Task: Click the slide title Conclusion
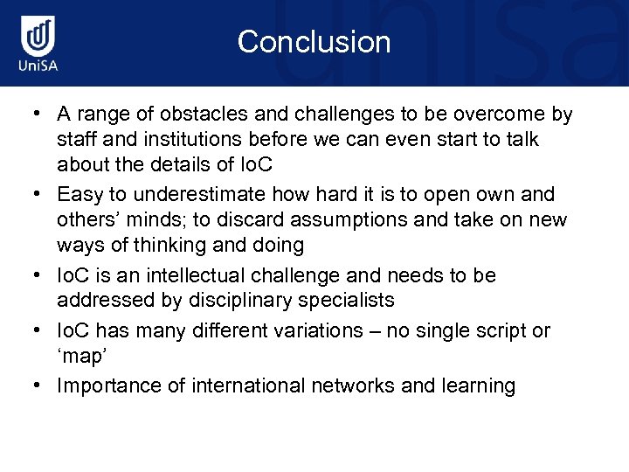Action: coord(314,42)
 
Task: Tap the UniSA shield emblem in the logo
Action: coord(40,37)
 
